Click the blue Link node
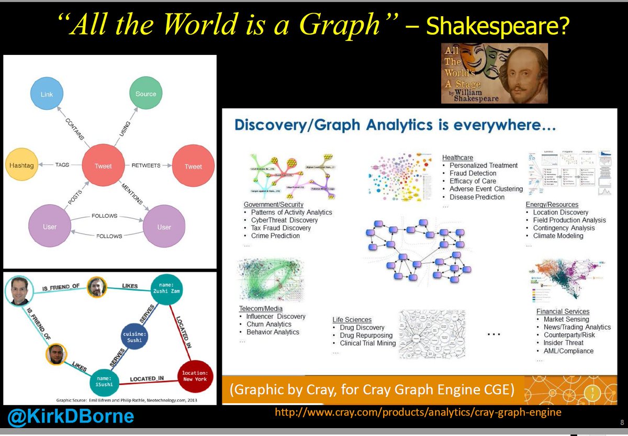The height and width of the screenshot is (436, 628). (47, 94)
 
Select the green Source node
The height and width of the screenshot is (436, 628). (145, 94)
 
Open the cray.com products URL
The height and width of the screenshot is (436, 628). (418, 412)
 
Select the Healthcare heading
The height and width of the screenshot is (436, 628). (458, 157)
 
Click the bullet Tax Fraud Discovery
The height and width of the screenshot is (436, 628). (281, 228)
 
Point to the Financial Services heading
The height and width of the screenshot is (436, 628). (563, 311)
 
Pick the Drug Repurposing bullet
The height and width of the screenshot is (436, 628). (362, 335)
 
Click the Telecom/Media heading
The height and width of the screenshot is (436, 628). (261, 309)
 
